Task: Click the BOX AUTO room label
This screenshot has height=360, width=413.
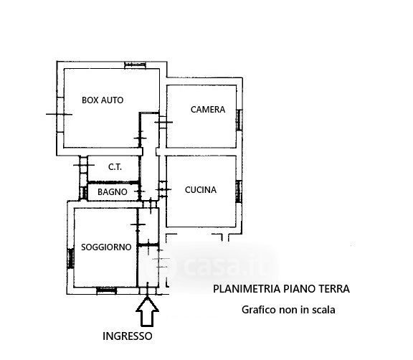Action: click(103, 100)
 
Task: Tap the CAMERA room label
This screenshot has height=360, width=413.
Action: click(208, 110)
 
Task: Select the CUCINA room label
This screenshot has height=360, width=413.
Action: click(201, 190)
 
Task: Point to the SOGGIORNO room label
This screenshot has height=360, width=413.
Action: click(106, 247)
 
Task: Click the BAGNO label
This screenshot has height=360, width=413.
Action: click(112, 192)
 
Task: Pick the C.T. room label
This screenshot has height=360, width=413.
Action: click(115, 167)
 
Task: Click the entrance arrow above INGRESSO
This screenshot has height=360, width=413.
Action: click(147, 311)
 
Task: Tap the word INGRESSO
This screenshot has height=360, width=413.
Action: click(128, 336)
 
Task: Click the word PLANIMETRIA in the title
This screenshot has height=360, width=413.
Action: click(247, 289)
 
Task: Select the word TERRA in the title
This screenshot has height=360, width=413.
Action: click(335, 289)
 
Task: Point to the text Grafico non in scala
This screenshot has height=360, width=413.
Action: click(288, 310)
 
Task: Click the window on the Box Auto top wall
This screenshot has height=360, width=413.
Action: click(135, 65)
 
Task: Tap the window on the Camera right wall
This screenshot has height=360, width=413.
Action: click(239, 120)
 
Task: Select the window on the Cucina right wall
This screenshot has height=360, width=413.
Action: click(239, 191)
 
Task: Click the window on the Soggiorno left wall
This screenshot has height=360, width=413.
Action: click(70, 259)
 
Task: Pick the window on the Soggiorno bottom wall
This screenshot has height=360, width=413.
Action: click(107, 290)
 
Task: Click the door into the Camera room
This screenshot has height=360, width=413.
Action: click(163, 122)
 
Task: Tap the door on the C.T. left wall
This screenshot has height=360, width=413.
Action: click(83, 165)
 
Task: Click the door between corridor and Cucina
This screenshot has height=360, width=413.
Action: click(163, 189)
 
